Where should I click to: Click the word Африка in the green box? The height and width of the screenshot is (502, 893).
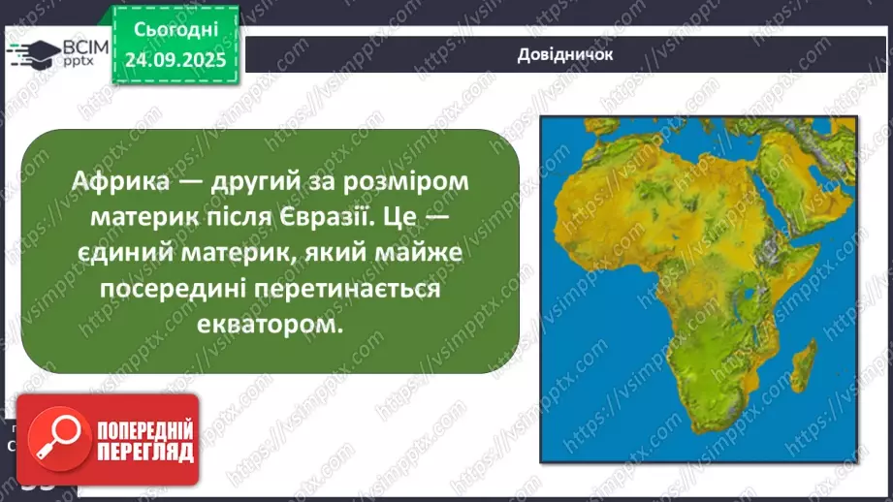click(x=115, y=180)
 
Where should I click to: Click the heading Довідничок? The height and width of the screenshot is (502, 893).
click(x=565, y=54)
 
